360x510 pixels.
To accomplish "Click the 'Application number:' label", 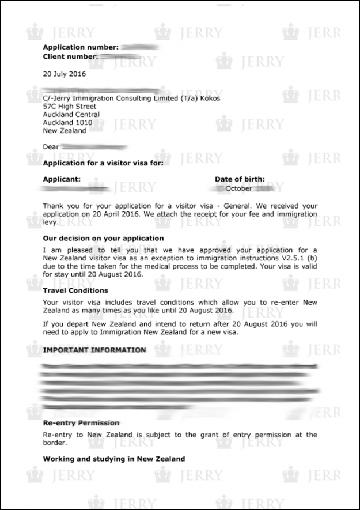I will [x=81, y=47].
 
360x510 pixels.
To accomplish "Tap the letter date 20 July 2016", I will [x=65, y=74].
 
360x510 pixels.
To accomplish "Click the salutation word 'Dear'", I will [x=51, y=147].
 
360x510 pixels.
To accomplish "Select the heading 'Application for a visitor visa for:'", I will [x=103, y=163].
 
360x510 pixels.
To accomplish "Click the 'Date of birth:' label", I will [x=240, y=180].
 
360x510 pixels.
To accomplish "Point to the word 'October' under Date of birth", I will [x=238, y=188].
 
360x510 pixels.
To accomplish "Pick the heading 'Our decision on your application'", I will [x=103, y=238].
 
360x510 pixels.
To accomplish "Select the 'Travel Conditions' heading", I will [x=75, y=291].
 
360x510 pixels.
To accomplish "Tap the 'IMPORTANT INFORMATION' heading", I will [x=94, y=350].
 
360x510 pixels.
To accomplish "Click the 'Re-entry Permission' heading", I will [x=81, y=423].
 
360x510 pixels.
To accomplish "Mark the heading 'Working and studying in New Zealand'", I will [x=114, y=459].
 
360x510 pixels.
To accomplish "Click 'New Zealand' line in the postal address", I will [x=65, y=131].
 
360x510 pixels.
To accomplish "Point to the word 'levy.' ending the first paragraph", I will [x=51, y=222].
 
